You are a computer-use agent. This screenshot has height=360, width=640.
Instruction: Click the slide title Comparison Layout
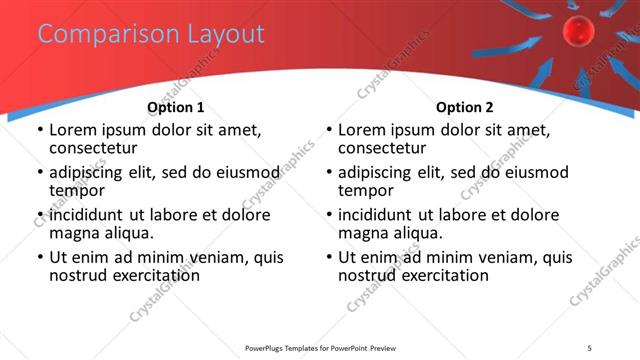151,34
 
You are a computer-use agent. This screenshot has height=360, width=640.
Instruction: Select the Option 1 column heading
175,107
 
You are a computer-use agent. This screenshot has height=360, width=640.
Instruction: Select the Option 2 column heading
464,107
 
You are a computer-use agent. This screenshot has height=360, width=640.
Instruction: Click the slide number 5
604,347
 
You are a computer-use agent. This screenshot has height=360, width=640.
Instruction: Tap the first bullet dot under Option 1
39,130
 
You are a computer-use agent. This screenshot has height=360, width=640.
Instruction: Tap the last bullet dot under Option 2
328,257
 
